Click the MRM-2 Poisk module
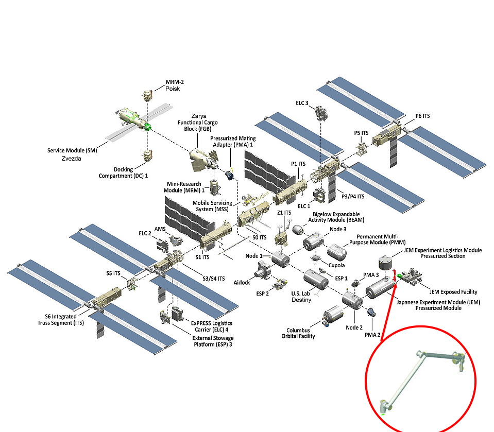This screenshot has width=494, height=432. pos(147,96)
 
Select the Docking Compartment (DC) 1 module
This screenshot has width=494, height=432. pos(147,155)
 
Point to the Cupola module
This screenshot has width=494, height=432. pos(315,257)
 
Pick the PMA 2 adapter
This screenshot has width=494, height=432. pos(371,312)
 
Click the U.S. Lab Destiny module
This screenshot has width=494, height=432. pos(315,281)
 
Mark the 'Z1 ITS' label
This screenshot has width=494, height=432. pos(284,213)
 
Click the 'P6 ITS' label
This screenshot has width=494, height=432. pos(422,116)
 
